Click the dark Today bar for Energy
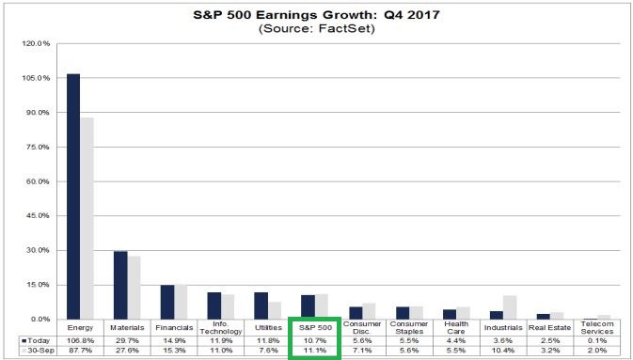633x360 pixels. pos(72,196)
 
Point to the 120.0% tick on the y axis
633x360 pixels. pos(34,43)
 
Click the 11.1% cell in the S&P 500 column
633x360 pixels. pos(312,352)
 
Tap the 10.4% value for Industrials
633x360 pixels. pos(501,352)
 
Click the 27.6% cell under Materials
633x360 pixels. pos(126,352)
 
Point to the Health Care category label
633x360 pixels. pos(454,330)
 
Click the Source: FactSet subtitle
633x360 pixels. pos(316,29)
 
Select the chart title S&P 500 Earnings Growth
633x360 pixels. pos(316,13)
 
